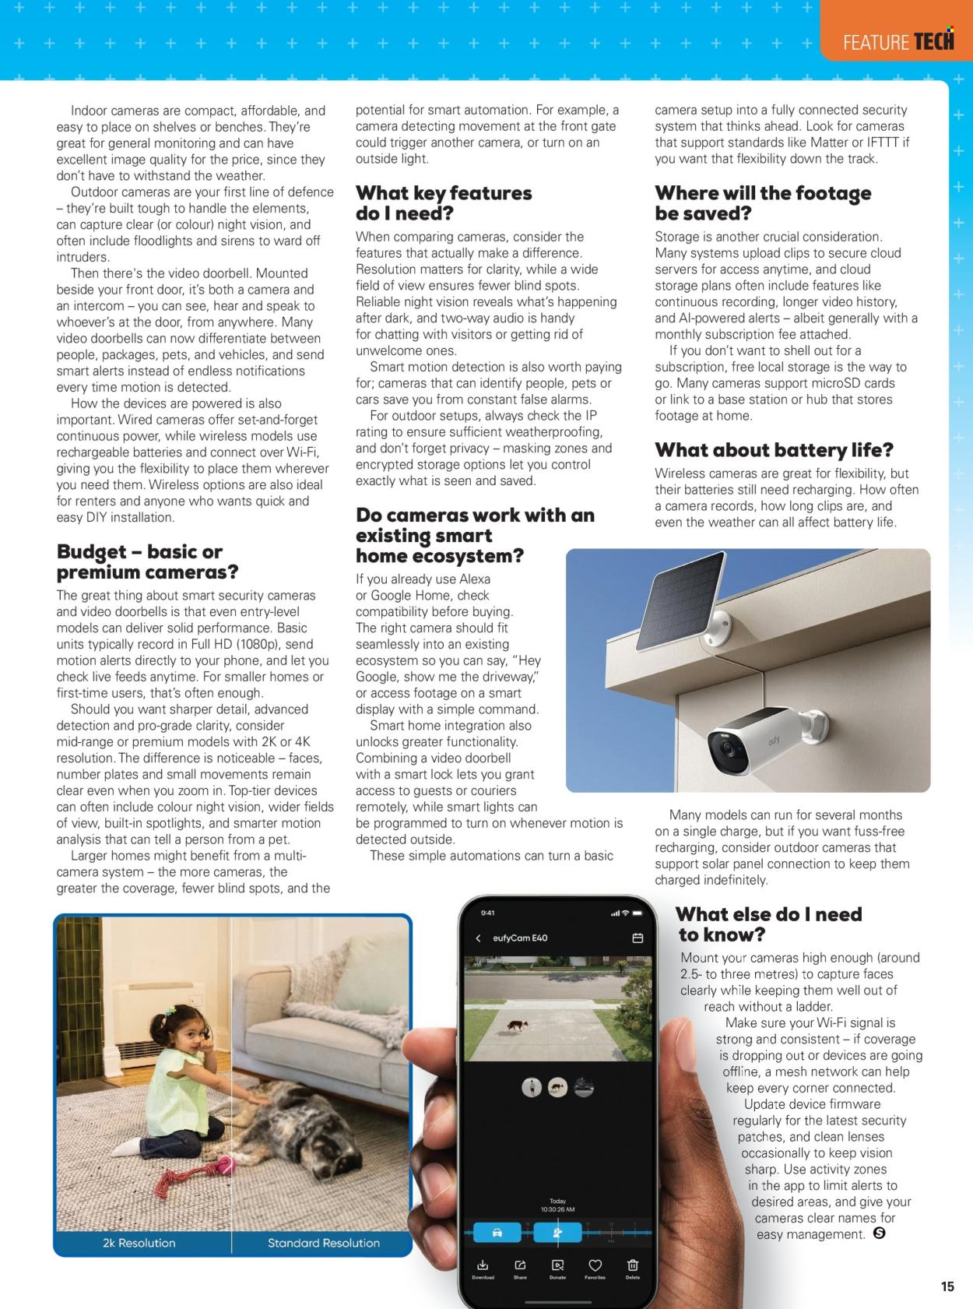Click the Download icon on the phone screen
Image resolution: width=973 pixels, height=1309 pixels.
click(483, 1265)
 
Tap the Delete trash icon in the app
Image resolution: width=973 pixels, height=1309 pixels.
click(633, 1265)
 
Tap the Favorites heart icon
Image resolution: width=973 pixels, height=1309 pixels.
click(595, 1265)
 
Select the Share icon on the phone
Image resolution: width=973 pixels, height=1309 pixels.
click(520, 1265)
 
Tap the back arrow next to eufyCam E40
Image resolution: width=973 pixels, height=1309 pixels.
click(478, 938)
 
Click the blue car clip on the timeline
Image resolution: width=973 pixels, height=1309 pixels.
click(497, 1232)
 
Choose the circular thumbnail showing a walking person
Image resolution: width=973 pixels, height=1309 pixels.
click(532, 1088)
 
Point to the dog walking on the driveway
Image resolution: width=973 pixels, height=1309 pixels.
click(515, 1026)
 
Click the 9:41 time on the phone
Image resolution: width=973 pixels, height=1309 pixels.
click(487, 913)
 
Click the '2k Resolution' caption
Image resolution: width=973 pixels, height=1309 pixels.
click(139, 1243)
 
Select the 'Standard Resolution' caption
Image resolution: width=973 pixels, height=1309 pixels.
click(323, 1243)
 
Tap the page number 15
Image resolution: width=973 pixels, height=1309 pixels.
click(947, 1286)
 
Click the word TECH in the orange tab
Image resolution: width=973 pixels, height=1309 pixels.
click(933, 42)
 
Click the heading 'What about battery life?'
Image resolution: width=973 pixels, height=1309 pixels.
click(774, 450)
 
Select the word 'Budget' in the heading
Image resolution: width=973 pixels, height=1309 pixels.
click(91, 552)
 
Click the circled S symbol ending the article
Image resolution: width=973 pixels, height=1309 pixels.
click(880, 1233)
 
